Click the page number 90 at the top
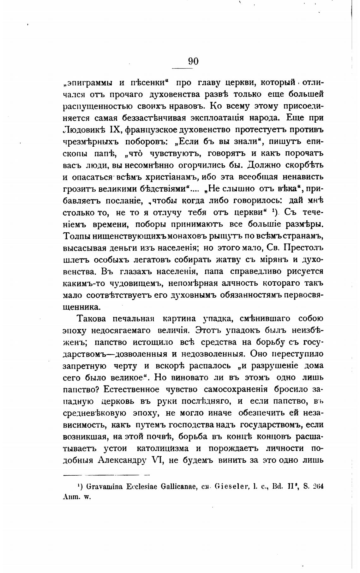click(x=193, y=61)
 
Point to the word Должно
click(x=264, y=165)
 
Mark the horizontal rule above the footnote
click(x=106, y=474)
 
